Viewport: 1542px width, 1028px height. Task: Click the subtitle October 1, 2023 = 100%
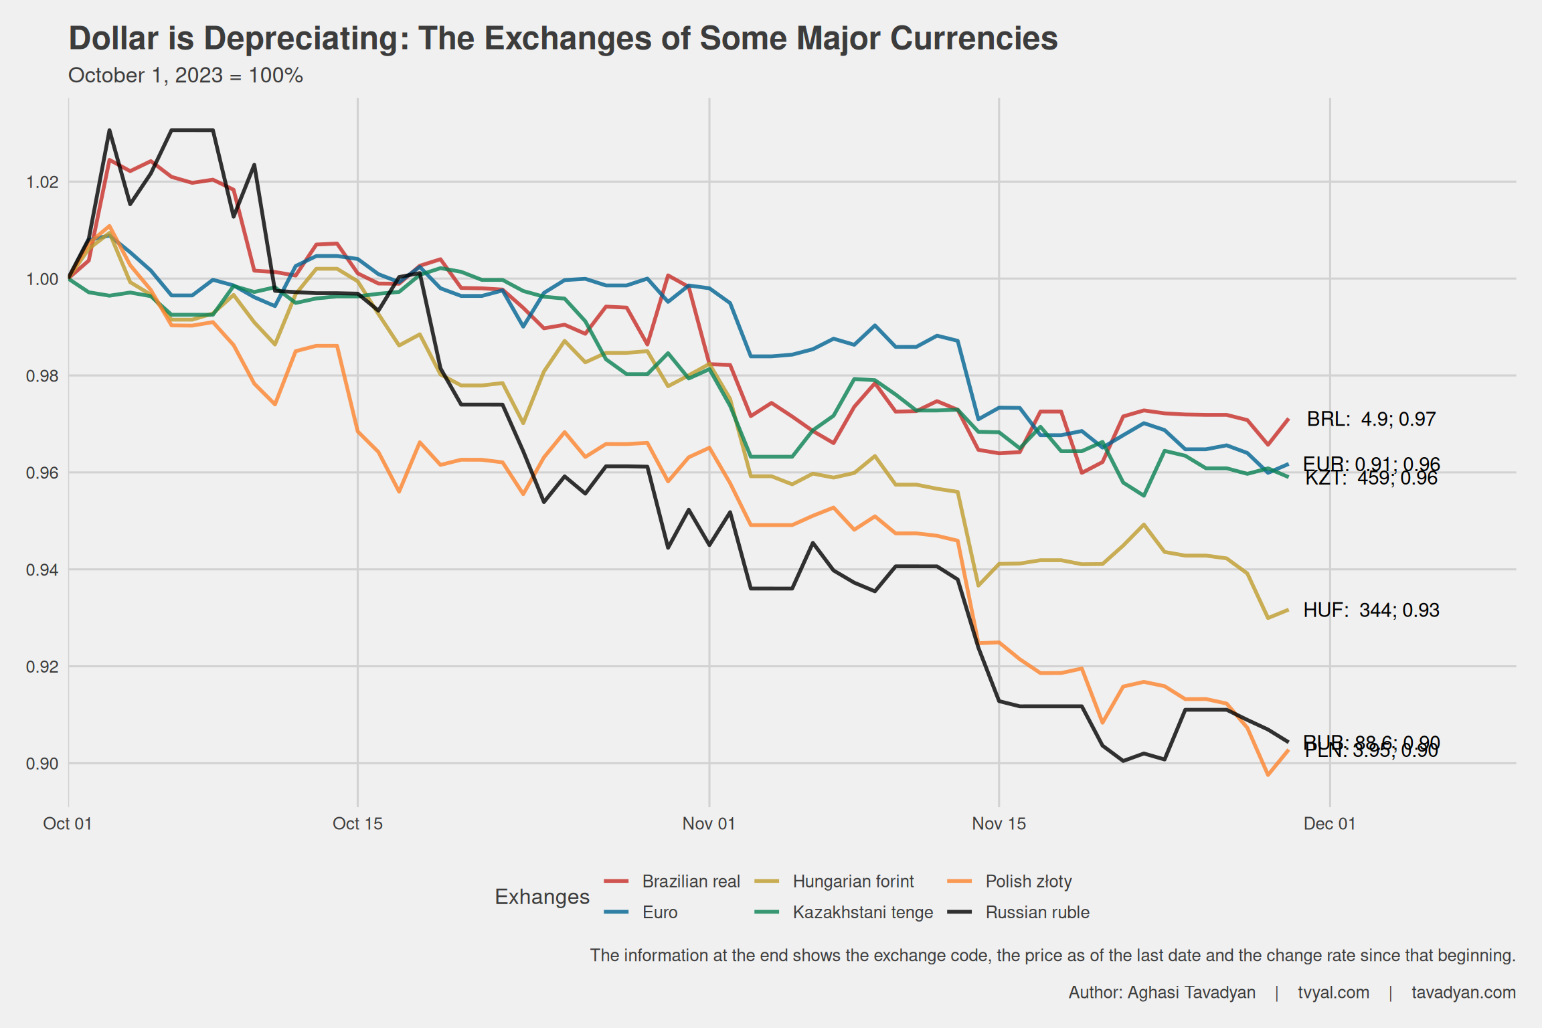[185, 76]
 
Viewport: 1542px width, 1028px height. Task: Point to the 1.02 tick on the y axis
[42, 182]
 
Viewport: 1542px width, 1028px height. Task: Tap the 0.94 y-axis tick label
[42, 570]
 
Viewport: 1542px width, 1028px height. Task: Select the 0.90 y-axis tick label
[42, 764]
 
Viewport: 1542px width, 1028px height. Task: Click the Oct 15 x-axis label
[357, 824]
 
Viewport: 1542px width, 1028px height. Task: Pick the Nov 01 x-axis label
[709, 824]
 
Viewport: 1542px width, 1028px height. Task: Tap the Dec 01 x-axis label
[1329, 824]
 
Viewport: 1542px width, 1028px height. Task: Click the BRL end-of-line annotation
[1371, 420]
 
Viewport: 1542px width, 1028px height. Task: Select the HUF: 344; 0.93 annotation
[1371, 610]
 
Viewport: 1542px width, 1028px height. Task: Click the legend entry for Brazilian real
[690, 881]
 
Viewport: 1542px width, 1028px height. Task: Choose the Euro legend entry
[660, 912]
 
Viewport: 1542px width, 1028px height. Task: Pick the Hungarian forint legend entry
[853, 881]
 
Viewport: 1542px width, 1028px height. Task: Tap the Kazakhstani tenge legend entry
[862, 912]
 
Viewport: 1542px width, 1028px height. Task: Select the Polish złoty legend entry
[1028, 881]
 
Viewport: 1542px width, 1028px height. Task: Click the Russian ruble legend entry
[1037, 912]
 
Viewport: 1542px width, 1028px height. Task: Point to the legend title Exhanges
[542, 897]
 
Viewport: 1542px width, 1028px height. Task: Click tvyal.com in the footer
[1333, 993]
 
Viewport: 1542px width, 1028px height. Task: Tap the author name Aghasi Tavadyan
[1191, 993]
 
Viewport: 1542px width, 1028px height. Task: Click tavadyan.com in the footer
[1463, 993]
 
